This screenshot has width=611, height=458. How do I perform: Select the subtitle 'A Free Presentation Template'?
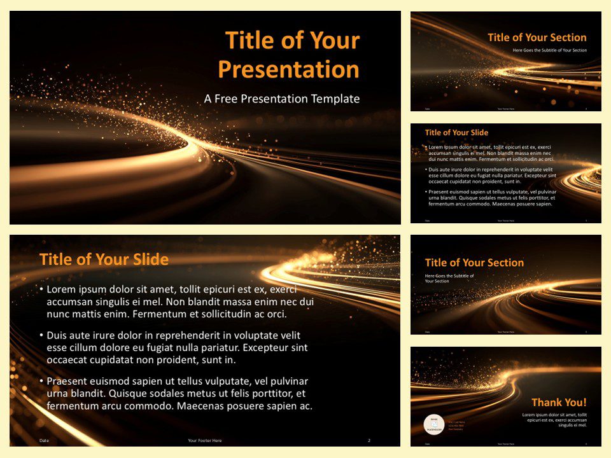pos(281,99)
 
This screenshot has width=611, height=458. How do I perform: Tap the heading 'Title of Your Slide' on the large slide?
pos(104,260)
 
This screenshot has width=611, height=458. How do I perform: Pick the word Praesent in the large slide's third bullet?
pos(70,381)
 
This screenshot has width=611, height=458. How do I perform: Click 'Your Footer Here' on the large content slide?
pos(205,440)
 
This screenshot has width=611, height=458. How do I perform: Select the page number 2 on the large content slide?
pos(369,440)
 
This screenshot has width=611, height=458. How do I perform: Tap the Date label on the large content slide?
pos(44,440)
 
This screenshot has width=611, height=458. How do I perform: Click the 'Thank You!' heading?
pos(559,402)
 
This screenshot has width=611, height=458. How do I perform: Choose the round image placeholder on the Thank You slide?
pos(433,424)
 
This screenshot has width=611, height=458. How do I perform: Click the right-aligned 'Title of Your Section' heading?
pos(537,38)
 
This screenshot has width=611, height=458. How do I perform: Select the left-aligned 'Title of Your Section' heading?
pos(474,263)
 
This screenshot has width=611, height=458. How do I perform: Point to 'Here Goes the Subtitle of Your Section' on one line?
pos(549,50)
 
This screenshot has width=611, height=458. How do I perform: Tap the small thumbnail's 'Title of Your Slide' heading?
pos(456,133)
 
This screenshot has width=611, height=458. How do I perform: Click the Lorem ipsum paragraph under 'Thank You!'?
pos(553,420)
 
